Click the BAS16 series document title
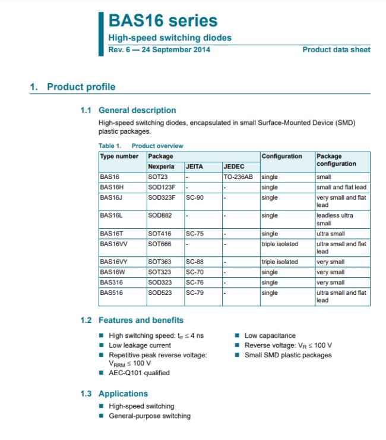[x=162, y=21]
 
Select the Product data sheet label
[x=336, y=49]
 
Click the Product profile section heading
[x=81, y=87]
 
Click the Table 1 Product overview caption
[x=141, y=146]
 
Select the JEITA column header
[x=194, y=167]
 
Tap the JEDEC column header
[x=233, y=167]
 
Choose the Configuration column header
[x=281, y=156]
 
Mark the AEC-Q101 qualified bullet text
[x=139, y=373]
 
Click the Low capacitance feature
[x=270, y=336]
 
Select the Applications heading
[x=123, y=394]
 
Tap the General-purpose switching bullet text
[x=150, y=416]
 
